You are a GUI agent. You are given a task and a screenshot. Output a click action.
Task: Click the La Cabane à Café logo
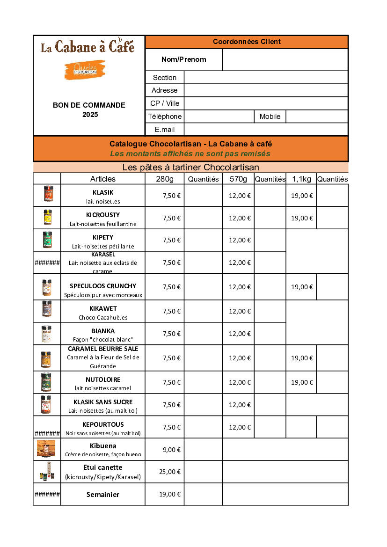click(88, 47)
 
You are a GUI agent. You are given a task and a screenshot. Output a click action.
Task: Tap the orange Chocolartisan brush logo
click(85, 70)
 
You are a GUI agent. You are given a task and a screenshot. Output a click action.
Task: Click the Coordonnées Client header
click(247, 42)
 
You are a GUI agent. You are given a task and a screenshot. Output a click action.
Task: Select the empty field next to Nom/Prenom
click(285, 59)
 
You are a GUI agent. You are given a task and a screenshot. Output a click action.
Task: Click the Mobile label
click(270, 117)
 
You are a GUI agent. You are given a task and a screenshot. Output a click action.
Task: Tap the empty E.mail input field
click(266, 130)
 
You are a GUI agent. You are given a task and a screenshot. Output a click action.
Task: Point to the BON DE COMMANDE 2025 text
click(89, 109)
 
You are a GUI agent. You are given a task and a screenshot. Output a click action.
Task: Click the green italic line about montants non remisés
click(190, 153)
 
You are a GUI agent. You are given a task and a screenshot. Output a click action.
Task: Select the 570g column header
click(238, 179)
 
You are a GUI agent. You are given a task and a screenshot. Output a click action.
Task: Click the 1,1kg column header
click(301, 179)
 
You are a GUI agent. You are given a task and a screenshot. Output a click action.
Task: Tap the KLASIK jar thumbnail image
click(48, 194)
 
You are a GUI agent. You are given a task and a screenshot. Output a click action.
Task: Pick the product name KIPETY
click(103, 237)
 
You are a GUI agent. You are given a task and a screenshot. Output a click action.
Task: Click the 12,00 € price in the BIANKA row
click(240, 334)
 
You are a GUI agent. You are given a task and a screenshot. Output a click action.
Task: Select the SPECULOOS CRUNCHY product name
click(103, 286)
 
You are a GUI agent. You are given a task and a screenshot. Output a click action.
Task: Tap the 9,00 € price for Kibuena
click(172, 450)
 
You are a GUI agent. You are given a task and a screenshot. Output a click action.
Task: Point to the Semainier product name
click(103, 495)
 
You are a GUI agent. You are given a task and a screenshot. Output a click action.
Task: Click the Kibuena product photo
click(46, 448)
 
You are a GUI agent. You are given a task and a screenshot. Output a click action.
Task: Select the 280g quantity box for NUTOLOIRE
click(203, 382)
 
